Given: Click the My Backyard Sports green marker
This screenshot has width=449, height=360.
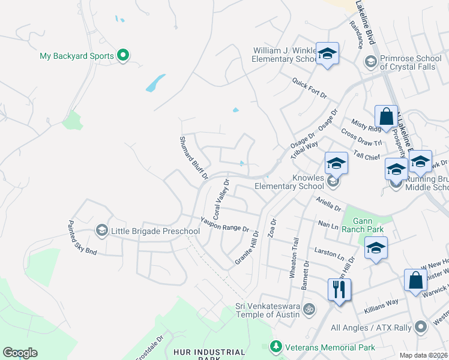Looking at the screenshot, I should [124, 56].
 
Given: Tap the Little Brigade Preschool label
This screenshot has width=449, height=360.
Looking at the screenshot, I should [155, 232].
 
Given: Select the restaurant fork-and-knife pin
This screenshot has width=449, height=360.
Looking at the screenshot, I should [339, 290].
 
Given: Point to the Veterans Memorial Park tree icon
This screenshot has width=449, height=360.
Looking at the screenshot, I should [276, 347].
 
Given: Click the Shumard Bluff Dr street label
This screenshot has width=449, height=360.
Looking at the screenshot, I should [193, 158].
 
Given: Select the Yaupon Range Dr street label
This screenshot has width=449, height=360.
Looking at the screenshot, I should [224, 224].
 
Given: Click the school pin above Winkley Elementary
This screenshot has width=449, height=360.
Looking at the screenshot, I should [327, 54].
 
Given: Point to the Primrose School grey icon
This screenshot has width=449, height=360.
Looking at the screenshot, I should [370, 62].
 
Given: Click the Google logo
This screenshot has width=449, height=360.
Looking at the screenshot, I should [20, 353].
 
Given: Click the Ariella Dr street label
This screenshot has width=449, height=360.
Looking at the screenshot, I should [328, 205].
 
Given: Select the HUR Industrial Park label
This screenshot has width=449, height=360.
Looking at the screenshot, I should [209, 353].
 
